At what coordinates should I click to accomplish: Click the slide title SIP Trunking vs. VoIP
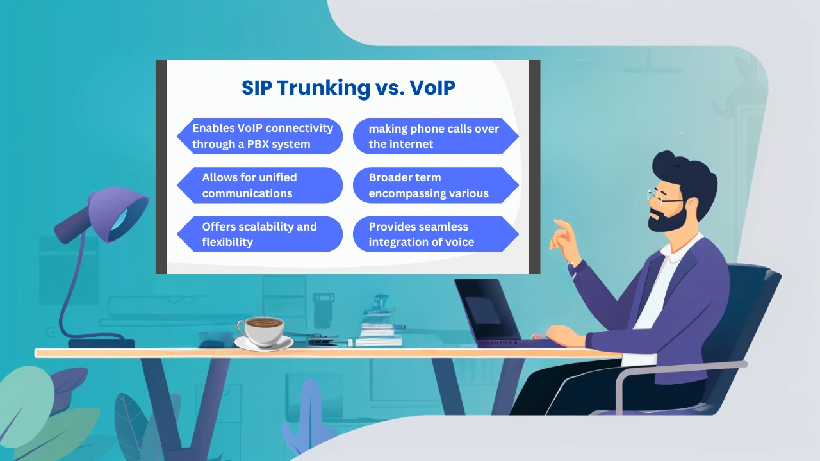[x=348, y=88]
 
